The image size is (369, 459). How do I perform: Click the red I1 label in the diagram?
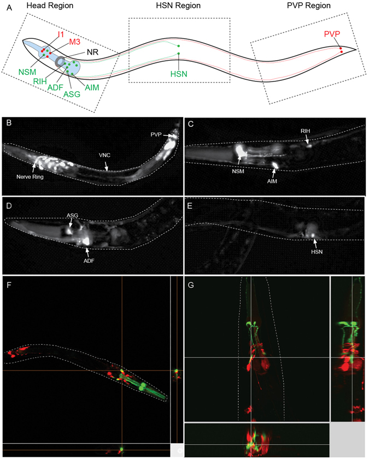click(61, 35)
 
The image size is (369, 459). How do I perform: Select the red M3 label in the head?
click(75, 43)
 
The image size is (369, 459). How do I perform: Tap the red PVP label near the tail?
click(331, 34)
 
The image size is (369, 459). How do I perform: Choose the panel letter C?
click(191, 123)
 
